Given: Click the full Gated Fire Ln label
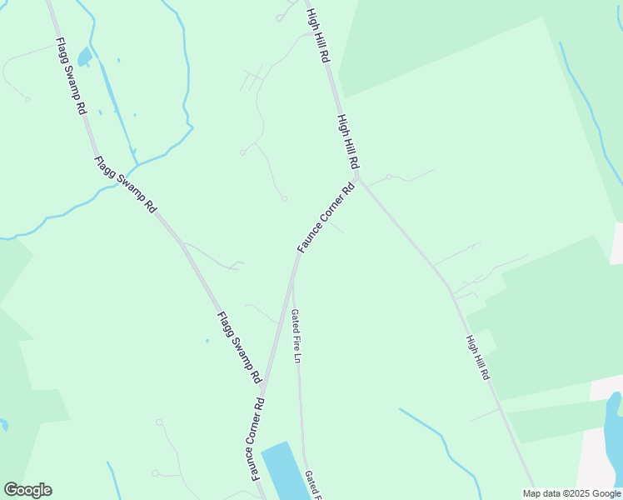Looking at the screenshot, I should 296,336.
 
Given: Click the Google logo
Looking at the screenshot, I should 27,490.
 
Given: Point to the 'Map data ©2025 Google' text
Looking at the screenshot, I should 572,493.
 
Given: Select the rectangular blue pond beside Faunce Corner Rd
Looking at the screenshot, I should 288,471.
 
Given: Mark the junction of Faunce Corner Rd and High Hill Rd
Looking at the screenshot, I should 358,177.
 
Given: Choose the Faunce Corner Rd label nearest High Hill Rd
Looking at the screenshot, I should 326,218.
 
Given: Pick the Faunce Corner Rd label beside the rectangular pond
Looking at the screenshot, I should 259,438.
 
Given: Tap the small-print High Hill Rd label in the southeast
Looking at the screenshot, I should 477,357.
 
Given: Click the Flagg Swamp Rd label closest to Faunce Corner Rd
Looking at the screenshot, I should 240,347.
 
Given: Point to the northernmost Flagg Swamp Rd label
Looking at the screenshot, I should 72,76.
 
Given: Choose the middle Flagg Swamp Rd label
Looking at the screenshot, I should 125,185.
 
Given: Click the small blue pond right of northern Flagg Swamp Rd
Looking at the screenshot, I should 84,58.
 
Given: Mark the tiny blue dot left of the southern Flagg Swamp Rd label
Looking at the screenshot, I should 207,340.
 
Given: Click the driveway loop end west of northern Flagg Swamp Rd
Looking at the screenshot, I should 27,99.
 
